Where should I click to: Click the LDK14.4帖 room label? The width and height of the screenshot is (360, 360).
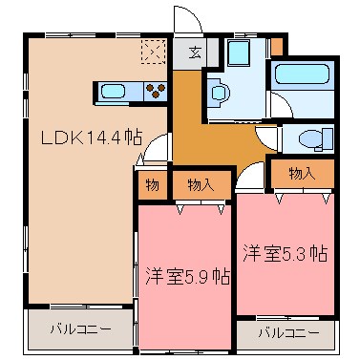pyautogui.click(x=91, y=137)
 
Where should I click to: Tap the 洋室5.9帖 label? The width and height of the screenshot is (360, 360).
pyautogui.click(x=187, y=277)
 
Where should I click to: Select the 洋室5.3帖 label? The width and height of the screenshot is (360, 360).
pyautogui.click(x=285, y=253)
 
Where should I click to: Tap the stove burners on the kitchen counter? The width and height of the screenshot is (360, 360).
pyautogui.click(x=155, y=93)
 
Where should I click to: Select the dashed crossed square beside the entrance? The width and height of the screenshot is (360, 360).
pyautogui.click(x=152, y=51)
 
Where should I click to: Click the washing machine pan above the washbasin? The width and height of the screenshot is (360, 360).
pyautogui.click(x=240, y=53)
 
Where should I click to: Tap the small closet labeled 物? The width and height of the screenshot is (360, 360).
pyautogui.click(x=153, y=184)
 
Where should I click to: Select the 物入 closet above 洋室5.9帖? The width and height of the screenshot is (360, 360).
pyautogui.click(x=201, y=184)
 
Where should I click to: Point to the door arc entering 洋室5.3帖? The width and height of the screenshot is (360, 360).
pyautogui.click(x=250, y=174)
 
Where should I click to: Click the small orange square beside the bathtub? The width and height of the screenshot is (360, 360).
pyautogui.click(x=277, y=46)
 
